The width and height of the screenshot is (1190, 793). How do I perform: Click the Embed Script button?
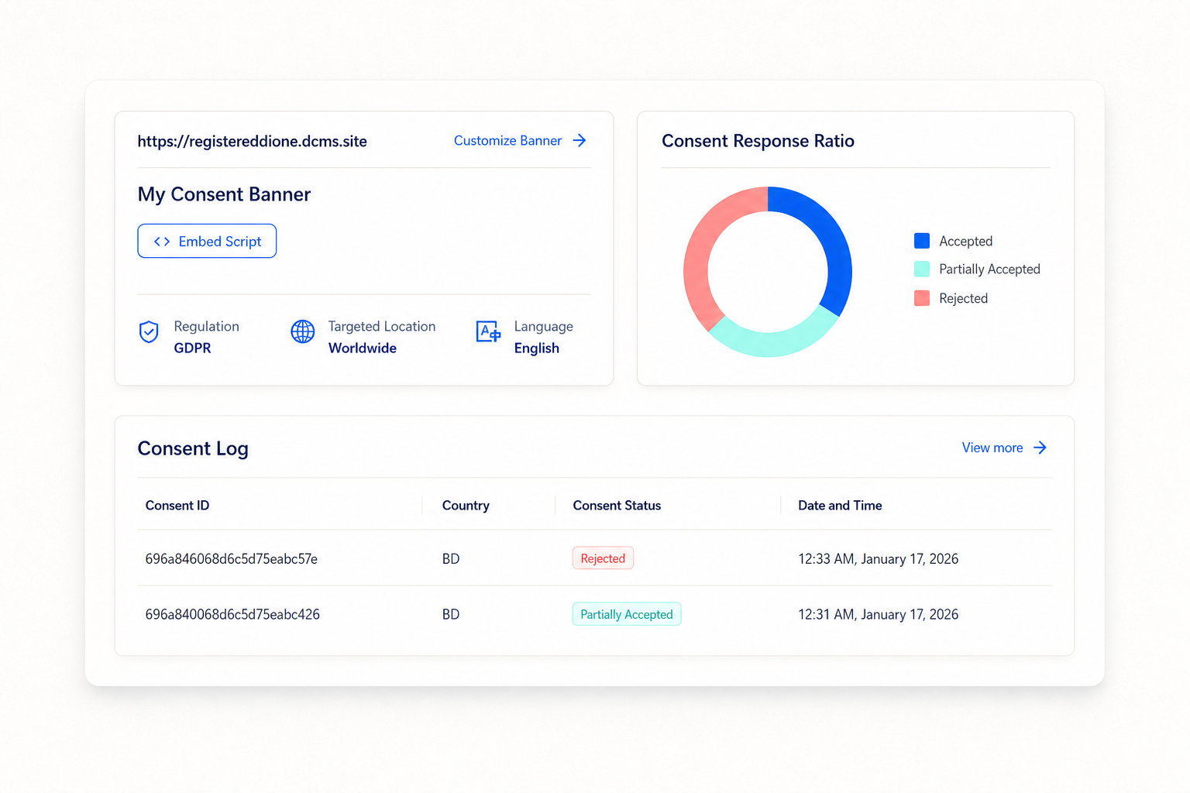pyautogui.click(x=207, y=241)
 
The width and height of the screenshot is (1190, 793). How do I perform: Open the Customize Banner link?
pyautogui.click(x=520, y=141)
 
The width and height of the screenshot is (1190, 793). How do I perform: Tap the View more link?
pyautogui.click(x=1004, y=448)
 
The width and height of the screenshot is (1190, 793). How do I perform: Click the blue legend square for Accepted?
pyautogui.click(x=922, y=241)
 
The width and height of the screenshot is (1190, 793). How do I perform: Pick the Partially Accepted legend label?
pyautogui.click(x=989, y=269)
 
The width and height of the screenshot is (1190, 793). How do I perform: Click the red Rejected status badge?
pyautogui.click(x=603, y=558)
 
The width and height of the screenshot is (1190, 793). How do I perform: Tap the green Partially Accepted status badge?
pyautogui.click(x=627, y=615)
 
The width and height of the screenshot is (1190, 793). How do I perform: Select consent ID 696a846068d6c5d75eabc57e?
pyautogui.click(x=231, y=559)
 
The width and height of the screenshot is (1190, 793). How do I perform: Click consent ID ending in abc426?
pyautogui.click(x=232, y=615)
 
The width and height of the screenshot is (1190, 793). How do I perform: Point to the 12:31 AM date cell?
pyautogui.click(x=878, y=615)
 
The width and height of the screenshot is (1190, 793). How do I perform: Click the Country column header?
pyautogui.click(x=466, y=506)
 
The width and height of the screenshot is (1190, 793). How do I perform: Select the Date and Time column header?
pyautogui.click(x=840, y=506)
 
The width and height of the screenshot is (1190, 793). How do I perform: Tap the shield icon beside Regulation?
pyautogui.click(x=149, y=332)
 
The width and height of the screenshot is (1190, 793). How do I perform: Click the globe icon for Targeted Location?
pyautogui.click(x=303, y=332)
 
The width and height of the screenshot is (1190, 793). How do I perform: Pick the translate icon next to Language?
pyautogui.click(x=487, y=332)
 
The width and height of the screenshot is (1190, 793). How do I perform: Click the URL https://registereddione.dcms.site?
pyautogui.click(x=253, y=141)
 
